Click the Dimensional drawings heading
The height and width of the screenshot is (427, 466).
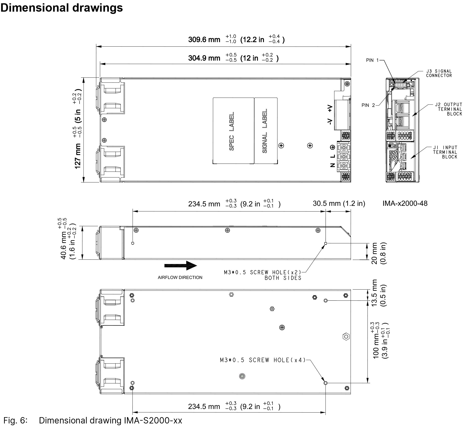pyautogui.click(x=62, y=8)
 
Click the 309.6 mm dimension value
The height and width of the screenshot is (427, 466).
pyautogui.click(x=204, y=40)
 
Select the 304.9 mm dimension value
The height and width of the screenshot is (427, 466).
pyautogui.click(x=204, y=58)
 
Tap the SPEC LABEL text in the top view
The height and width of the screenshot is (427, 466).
pyautogui.click(x=232, y=131)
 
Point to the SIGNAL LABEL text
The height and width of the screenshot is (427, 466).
pyautogui.click(x=265, y=131)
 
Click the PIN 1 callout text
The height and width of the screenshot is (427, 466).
pyautogui.click(x=373, y=60)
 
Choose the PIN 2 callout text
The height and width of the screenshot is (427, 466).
pyautogui.click(x=368, y=105)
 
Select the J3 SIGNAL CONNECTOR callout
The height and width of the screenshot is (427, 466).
pyautogui.click(x=439, y=73)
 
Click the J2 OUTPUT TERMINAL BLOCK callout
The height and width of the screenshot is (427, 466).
pyautogui.click(x=448, y=109)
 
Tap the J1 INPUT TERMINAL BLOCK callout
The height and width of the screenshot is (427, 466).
pyautogui.click(x=445, y=152)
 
